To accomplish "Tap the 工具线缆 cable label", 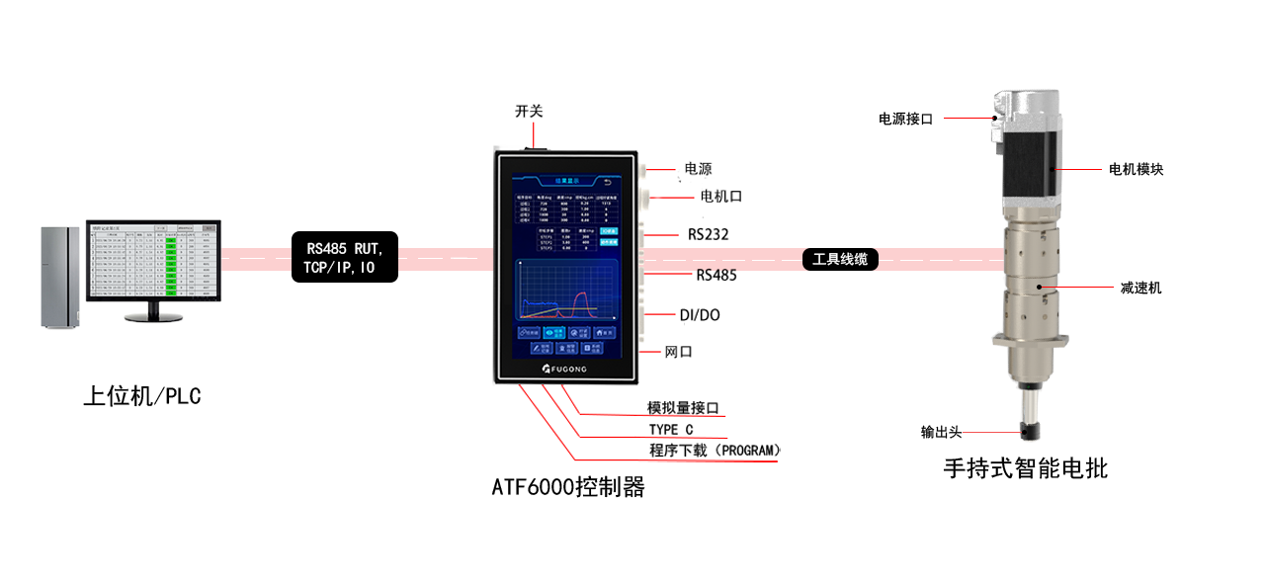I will (x=839, y=260).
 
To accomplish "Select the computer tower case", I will (x=58, y=277).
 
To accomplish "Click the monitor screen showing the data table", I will (x=152, y=261).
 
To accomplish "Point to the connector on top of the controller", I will (x=537, y=147).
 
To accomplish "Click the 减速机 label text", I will (x=1141, y=289).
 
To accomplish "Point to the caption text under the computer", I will (x=143, y=397).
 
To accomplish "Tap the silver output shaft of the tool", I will (x=1028, y=400).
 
